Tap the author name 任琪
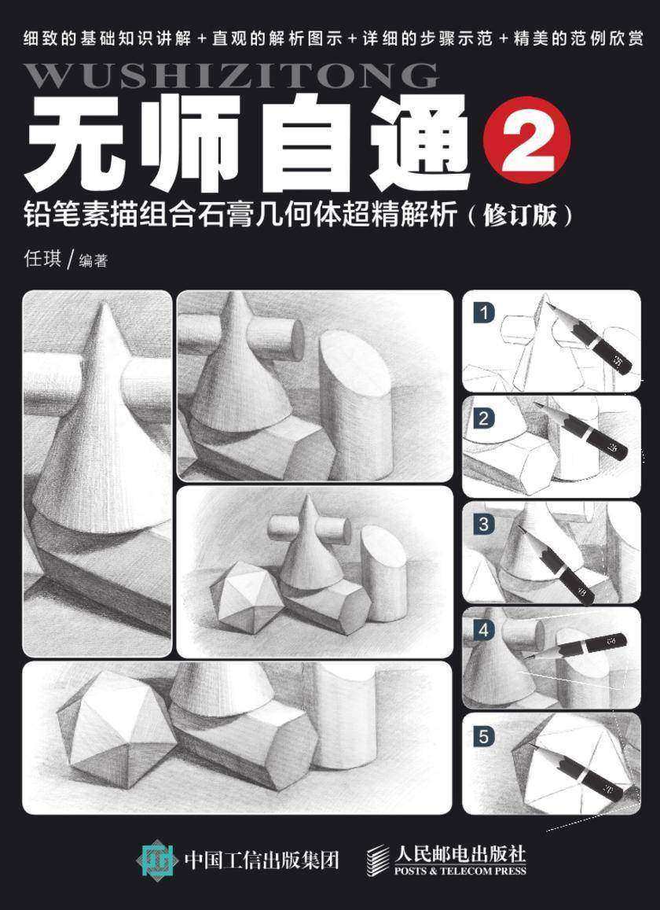(x=42, y=260)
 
